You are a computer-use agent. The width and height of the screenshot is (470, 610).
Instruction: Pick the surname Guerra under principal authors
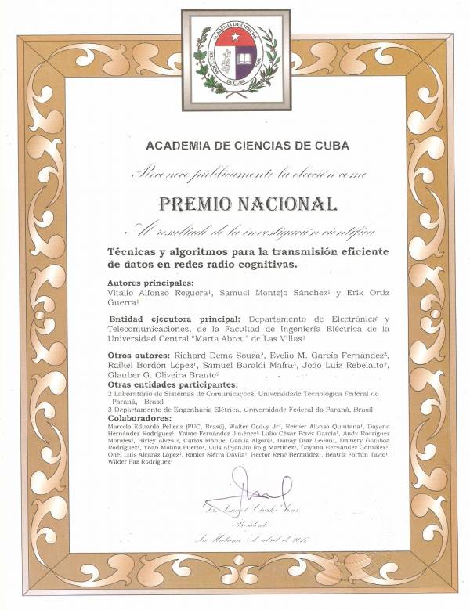tap(121, 301)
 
